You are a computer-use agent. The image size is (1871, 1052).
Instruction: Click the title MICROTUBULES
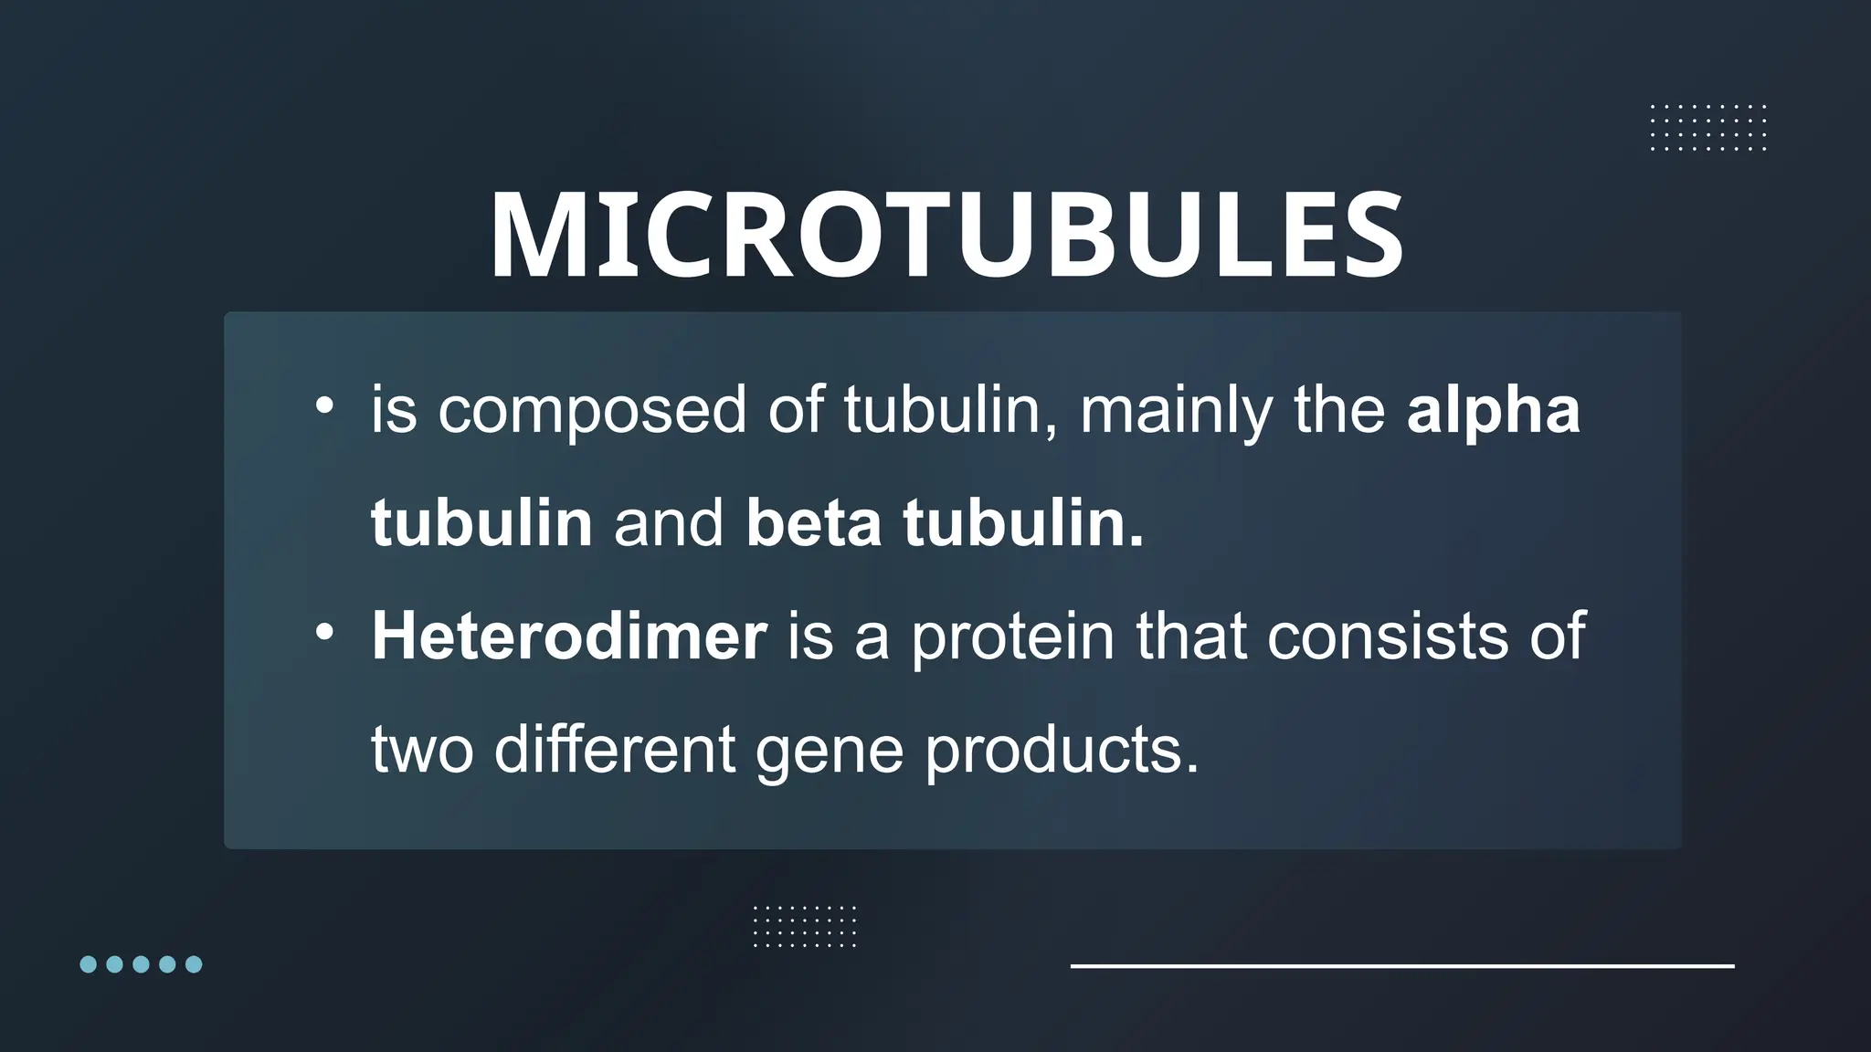946,235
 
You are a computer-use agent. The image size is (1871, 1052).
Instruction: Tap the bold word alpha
1493,410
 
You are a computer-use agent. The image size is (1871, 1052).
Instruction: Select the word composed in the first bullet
592,410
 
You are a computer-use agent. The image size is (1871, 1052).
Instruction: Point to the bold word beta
813,523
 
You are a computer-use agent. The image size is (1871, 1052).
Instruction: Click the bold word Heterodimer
568,636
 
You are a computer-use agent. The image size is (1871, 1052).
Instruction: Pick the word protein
1012,636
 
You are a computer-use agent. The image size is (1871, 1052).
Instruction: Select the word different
614,749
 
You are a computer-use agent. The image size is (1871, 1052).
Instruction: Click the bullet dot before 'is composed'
324,406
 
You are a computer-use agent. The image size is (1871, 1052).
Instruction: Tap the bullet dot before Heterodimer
324,632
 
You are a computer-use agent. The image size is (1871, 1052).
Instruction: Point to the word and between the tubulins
668,523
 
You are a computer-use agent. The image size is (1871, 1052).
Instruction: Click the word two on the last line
421,749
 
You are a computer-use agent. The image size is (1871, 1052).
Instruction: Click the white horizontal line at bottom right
1401,965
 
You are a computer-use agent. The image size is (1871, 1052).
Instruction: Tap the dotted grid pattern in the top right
1707,128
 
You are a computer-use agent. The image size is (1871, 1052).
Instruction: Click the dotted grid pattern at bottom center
804,926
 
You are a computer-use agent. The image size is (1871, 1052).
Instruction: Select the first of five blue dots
89,964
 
